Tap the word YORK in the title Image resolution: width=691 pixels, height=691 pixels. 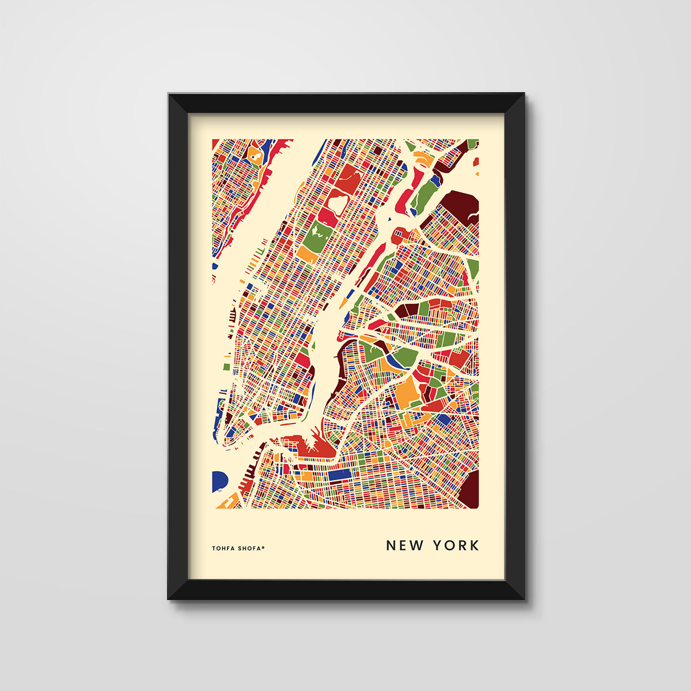[x=457, y=545]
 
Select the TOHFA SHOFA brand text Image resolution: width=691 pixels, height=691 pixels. [x=237, y=548]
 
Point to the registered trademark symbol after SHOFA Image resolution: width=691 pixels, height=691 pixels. [x=264, y=547]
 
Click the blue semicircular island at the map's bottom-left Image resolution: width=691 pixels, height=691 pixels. [x=218, y=481]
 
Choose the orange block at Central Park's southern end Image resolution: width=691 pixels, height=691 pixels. [x=306, y=254]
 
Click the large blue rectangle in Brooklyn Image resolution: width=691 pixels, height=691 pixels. [x=340, y=475]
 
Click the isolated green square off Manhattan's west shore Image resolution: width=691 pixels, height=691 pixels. [x=226, y=366]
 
